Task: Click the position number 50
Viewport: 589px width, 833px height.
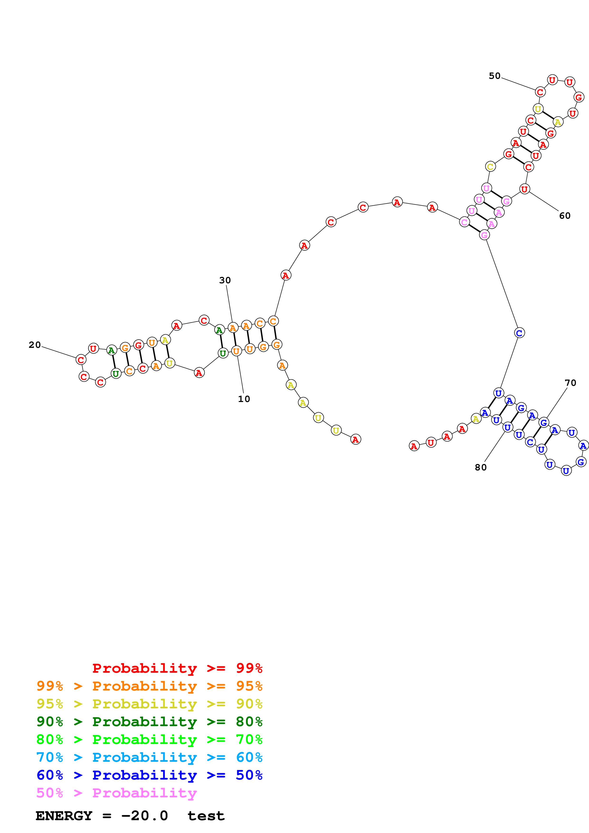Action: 494,76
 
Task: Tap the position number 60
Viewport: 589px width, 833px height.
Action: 565,216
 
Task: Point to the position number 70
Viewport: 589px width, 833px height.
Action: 570,383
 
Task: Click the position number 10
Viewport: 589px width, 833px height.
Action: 244,399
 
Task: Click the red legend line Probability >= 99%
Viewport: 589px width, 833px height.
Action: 177,668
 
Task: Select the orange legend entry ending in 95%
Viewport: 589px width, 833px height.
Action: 149,686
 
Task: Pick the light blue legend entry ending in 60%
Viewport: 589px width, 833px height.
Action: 149,757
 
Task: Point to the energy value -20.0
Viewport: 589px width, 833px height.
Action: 144,816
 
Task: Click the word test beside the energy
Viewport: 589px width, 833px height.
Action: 206,816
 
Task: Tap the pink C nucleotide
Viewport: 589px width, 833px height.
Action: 464,222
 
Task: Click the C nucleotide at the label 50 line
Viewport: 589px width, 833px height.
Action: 540,92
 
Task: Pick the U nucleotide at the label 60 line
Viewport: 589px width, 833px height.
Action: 524,189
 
